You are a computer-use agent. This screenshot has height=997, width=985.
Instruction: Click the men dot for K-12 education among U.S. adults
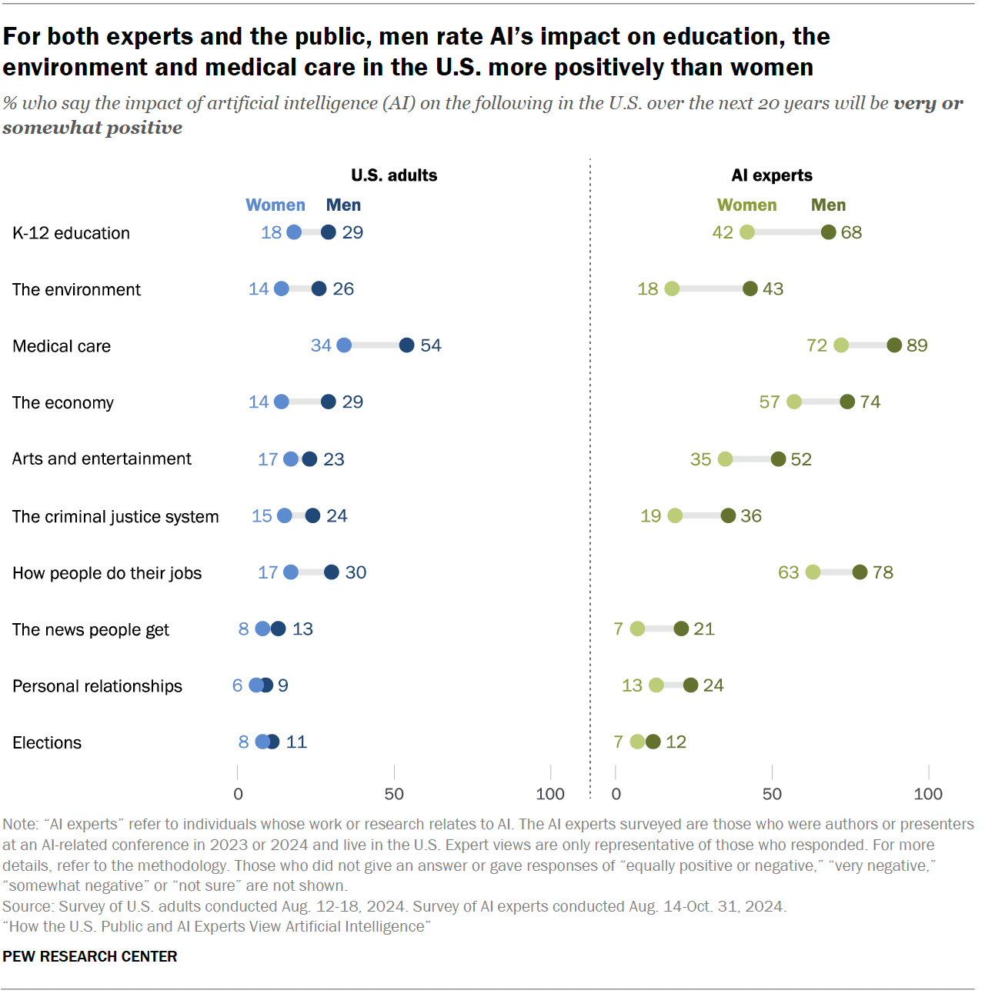(x=329, y=232)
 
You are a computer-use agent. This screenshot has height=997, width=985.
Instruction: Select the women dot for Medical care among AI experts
(x=841, y=345)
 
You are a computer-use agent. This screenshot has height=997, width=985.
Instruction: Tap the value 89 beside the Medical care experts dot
(x=917, y=345)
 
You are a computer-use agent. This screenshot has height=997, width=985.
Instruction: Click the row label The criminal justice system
(x=115, y=516)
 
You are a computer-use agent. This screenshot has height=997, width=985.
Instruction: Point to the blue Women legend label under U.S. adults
(x=275, y=205)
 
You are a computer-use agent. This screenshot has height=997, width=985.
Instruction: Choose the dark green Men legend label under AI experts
(x=828, y=205)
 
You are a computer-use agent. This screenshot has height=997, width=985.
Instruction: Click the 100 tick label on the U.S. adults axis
(x=550, y=794)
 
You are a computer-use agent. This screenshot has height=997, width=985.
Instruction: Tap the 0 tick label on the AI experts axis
(x=616, y=794)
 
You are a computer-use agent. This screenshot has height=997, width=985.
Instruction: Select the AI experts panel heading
(x=772, y=175)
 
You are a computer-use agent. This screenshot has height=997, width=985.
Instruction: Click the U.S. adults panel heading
(x=394, y=175)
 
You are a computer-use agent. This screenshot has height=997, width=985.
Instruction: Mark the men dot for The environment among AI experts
(x=750, y=288)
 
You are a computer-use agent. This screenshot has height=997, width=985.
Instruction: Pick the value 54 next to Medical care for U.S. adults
(x=431, y=345)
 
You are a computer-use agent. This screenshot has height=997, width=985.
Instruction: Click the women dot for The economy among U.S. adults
(x=282, y=402)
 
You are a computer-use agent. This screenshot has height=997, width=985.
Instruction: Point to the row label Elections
(x=47, y=742)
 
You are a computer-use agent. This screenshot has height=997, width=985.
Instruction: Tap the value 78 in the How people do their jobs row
(x=883, y=572)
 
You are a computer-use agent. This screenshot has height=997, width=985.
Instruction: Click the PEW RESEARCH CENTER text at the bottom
(x=90, y=956)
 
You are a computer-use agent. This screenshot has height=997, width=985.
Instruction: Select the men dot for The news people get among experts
(x=681, y=629)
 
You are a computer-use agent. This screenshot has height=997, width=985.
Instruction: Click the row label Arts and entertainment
(x=102, y=459)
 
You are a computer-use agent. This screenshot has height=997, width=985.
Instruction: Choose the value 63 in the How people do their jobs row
(x=789, y=572)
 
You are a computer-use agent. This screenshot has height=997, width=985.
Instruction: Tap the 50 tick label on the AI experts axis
(x=772, y=794)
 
